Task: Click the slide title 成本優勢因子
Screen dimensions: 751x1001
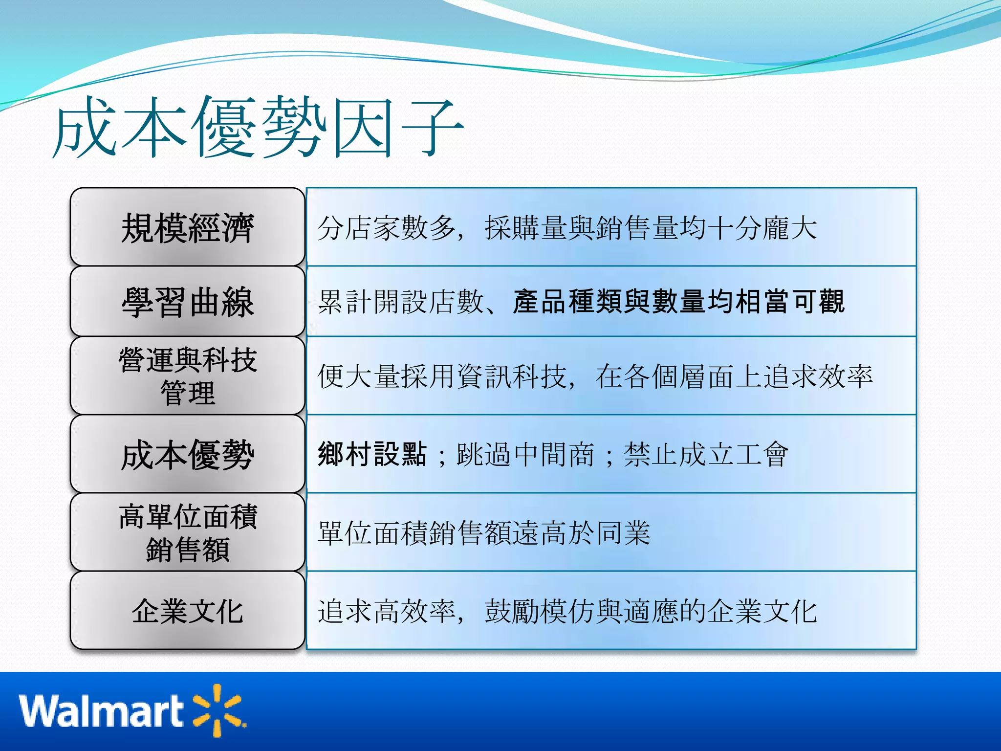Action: pos(258,128)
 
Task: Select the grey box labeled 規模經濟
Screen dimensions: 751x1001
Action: pos(188,227)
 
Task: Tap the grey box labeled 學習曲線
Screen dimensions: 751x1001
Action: pos(188,302)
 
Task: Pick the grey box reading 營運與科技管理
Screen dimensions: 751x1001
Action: pos(188,376)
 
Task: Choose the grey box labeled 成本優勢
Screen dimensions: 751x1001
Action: pos(188,454)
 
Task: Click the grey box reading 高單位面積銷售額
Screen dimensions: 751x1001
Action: pos(188,532)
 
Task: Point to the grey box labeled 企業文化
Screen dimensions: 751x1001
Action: pos(188,611)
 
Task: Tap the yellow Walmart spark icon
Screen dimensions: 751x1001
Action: pos(218,709)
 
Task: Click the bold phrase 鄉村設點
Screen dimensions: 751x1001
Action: pos(372,454)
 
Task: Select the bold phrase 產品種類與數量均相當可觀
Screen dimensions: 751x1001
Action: pos(678,302)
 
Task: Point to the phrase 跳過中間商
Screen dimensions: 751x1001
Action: pos(525,454)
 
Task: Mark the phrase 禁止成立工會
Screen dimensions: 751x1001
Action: pos(705,454)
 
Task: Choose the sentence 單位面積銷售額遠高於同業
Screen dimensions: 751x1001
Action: pos(484,533)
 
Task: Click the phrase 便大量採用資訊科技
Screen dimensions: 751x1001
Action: pos(442,376)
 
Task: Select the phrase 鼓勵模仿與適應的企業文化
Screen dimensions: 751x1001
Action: pos(650,611)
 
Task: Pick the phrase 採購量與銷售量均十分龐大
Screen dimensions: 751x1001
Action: pos(650,228)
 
